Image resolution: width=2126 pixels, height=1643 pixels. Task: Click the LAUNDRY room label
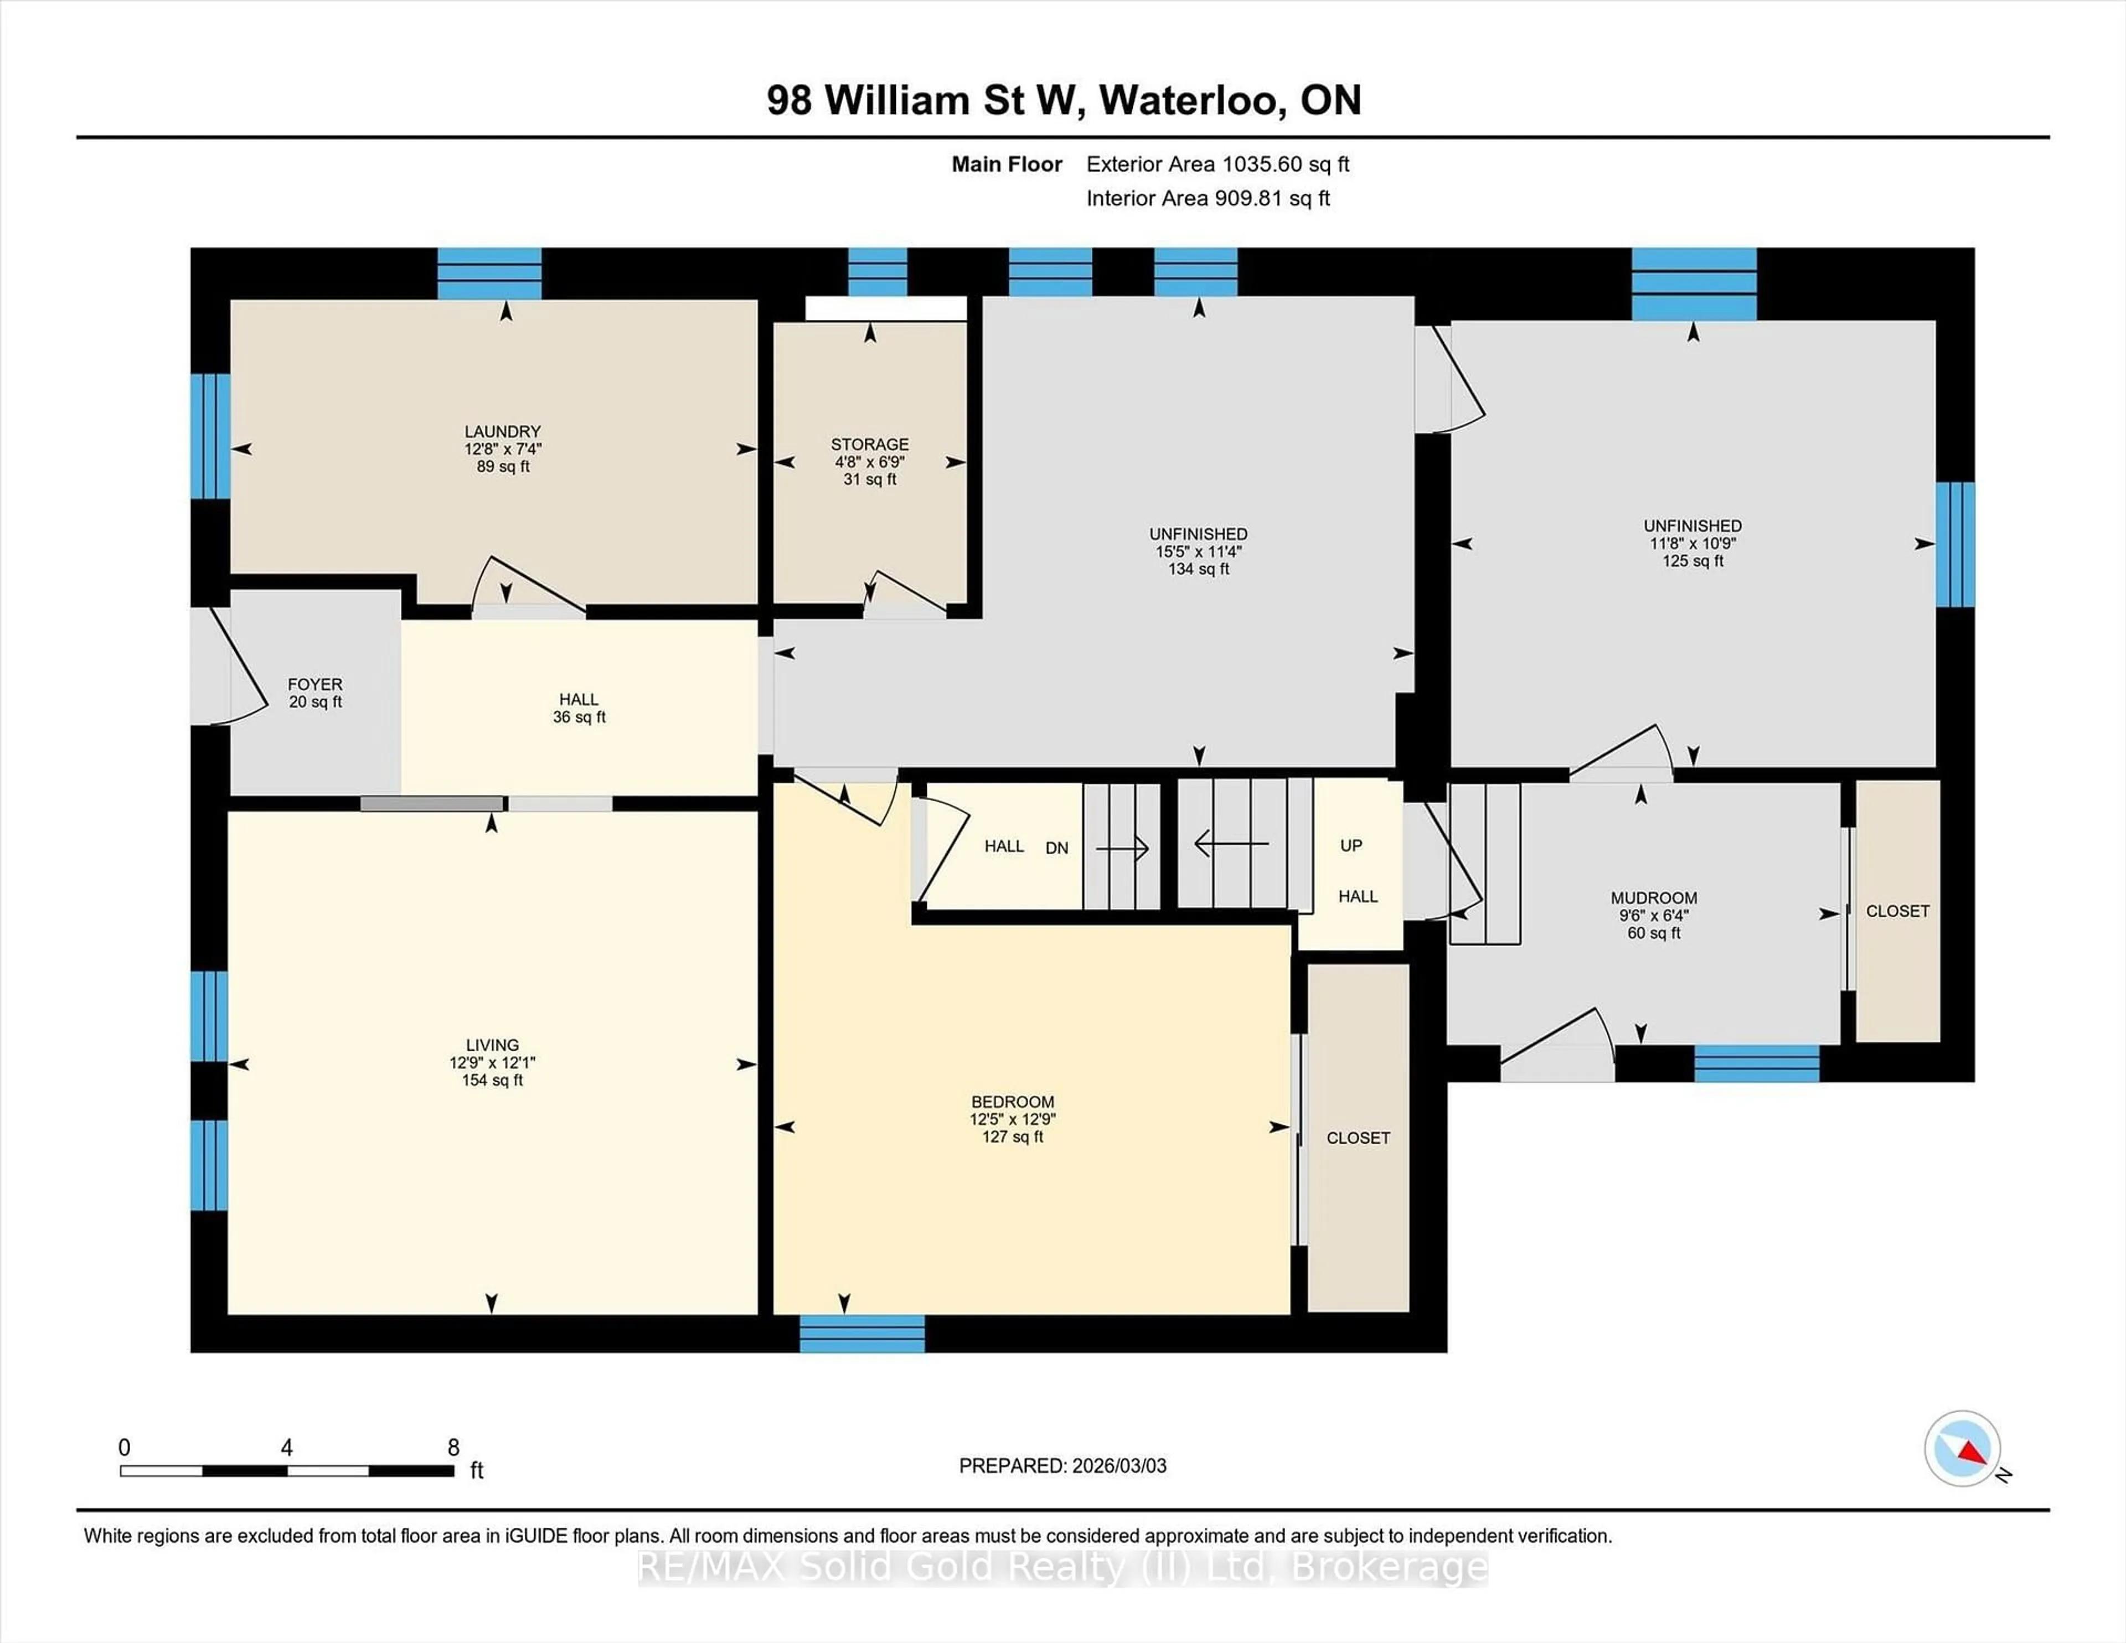pyautogui.click(x=502, y=431)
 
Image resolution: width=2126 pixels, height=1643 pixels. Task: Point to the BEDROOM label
pyautogui.click(x=1013, y=1102)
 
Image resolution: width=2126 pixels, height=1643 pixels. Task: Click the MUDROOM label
pyautogui.click(x=1653, y=897)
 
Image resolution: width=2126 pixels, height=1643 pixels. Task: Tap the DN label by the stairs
pyautogui.click(x=1056, y=848)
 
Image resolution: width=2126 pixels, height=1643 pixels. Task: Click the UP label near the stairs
pyautogui.click(x=1350, y=845)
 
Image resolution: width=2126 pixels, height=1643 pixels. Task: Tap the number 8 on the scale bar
pyautogui.click(x=453, y=1448)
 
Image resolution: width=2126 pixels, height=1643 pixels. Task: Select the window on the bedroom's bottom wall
pyautogui.click(x=861, y=1334)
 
